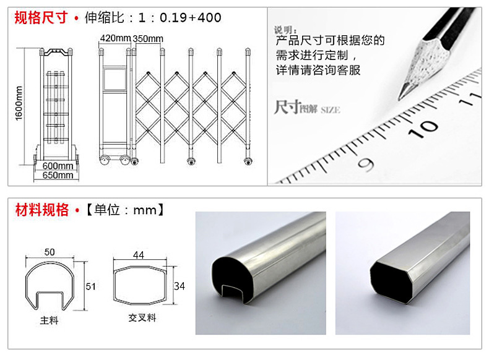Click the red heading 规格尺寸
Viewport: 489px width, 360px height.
(41, 17)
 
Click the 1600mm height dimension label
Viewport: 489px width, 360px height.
(19, 103)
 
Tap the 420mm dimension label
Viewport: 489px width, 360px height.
(115, 38)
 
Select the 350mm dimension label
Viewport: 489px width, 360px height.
(148, 39)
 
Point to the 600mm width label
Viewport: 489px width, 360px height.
(58, 166)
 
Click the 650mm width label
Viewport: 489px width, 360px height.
(58, 175)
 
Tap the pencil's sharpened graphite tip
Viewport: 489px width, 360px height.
(401, 95)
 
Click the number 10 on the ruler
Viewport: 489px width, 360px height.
(423, 128)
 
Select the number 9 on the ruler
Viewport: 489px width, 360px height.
(366, 165)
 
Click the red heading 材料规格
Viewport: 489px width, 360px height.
(42, 210)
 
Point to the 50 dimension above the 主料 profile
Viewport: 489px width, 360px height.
(50, 252)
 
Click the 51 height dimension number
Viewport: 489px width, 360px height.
(90, 286)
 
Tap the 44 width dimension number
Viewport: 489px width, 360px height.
(139, 255)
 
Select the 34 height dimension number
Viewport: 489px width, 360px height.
(180, 286)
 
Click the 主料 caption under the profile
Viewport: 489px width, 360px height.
(49, 320)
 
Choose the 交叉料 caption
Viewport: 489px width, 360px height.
(142, 318)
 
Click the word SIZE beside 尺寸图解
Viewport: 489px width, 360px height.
(331, 110)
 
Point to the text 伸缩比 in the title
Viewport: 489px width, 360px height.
(105, 18)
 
